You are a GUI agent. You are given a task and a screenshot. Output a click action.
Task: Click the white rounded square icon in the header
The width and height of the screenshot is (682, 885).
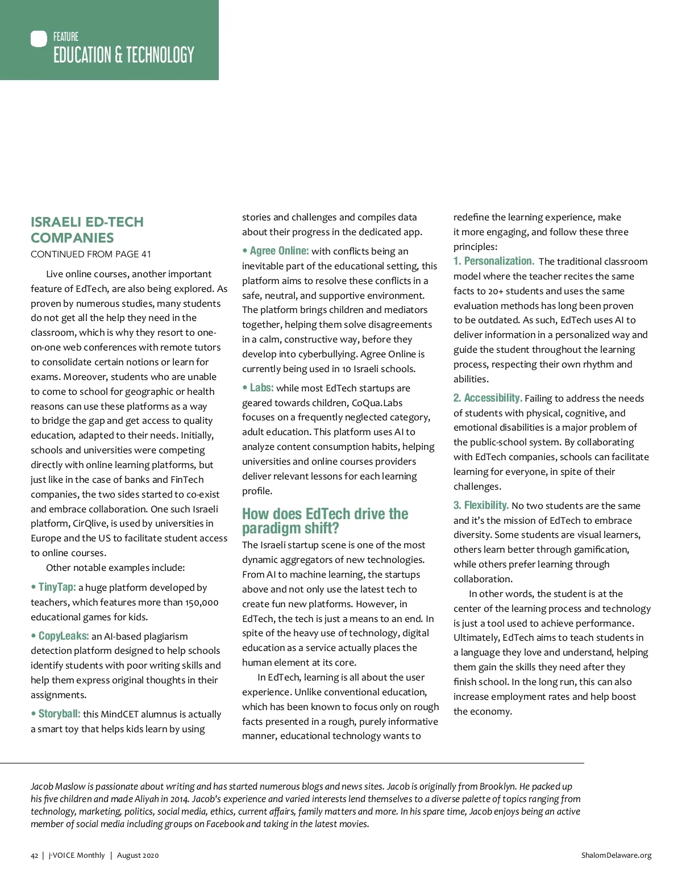[39, 39]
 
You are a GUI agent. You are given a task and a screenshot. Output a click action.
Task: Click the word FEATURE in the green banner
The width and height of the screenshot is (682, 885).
[66, 37]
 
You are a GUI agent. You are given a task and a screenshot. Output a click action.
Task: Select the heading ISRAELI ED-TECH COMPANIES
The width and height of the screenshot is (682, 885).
[87, 230]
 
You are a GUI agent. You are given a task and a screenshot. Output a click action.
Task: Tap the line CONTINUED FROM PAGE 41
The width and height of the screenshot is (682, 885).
[91, 254]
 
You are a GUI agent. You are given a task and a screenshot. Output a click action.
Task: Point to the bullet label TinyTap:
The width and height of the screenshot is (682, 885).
[57, 587]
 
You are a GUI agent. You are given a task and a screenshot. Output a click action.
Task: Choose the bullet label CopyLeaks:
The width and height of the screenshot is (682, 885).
[64, 636]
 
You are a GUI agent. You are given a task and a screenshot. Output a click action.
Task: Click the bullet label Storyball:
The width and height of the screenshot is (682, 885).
[59, 713]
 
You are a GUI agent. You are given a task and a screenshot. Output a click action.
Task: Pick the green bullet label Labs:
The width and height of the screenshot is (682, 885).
[261, 387]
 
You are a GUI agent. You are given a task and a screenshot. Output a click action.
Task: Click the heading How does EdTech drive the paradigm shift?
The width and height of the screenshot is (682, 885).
[325, 521]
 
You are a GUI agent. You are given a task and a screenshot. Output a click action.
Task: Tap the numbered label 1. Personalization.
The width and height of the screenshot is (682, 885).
[494, 261]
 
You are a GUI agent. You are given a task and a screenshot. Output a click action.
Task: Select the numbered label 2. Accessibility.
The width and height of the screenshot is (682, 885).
[488, 398]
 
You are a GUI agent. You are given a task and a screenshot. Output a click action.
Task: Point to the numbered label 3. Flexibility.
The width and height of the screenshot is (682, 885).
[481, 505]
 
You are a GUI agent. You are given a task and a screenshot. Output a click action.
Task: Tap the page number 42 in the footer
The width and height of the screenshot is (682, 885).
[35, 855]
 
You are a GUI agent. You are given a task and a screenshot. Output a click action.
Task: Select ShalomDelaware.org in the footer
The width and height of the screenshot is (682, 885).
[616, 855]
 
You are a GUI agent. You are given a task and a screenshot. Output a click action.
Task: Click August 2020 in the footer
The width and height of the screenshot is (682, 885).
[138, 855]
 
